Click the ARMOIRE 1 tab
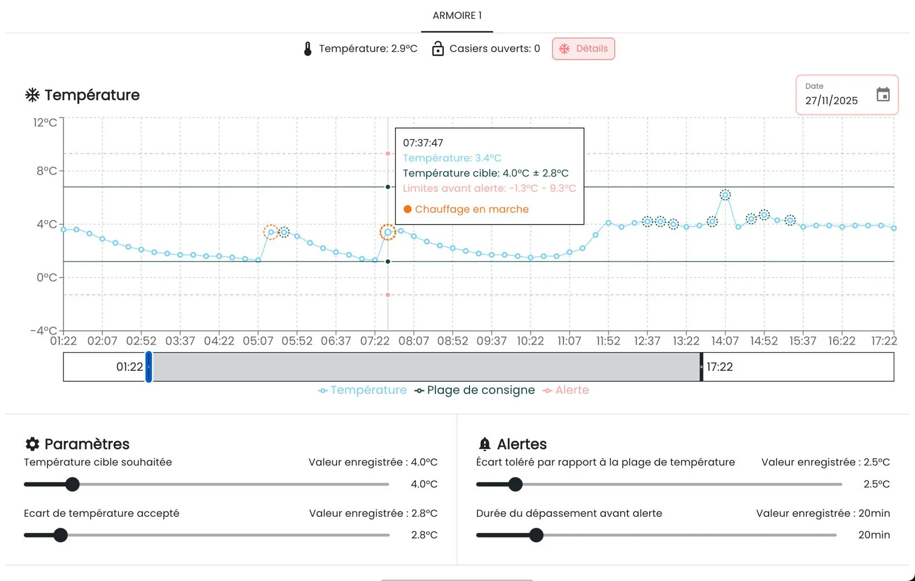coord(457,15)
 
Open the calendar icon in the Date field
coord(883,94)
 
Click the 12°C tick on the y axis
coord(45,122)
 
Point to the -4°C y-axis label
coord(43,330)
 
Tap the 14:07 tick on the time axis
coord(725,341)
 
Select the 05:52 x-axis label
coord(297,341)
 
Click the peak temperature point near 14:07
coord(725,195)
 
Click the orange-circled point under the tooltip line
coord(388,232)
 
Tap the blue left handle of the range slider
coord(149,367)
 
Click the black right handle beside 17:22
coord(701,367)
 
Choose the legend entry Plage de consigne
coord(475,390)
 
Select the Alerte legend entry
coord(566,390)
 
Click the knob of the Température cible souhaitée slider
coord(72,484)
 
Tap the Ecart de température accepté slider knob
coord(61,535)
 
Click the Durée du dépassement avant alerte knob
coord(536,535)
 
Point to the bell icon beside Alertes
coord(484,444)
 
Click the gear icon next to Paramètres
coord(32,444)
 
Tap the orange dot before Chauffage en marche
coord(407,210)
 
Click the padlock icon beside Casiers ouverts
coord(438,48)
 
